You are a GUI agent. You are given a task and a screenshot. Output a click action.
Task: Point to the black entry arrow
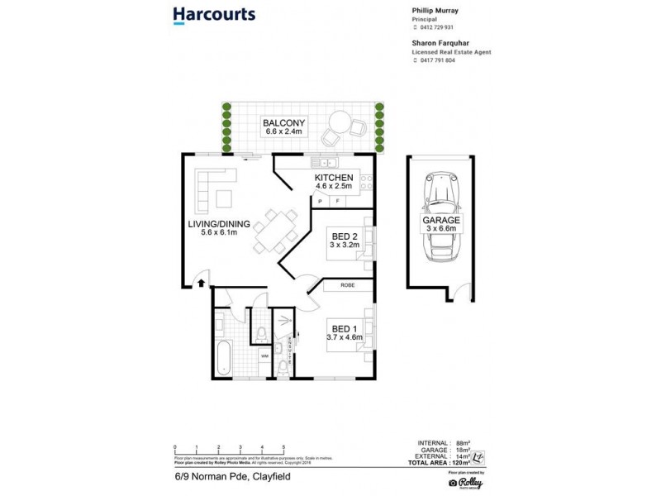pos(202,284)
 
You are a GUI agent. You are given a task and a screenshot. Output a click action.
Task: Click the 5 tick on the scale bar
pos(284,446)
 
